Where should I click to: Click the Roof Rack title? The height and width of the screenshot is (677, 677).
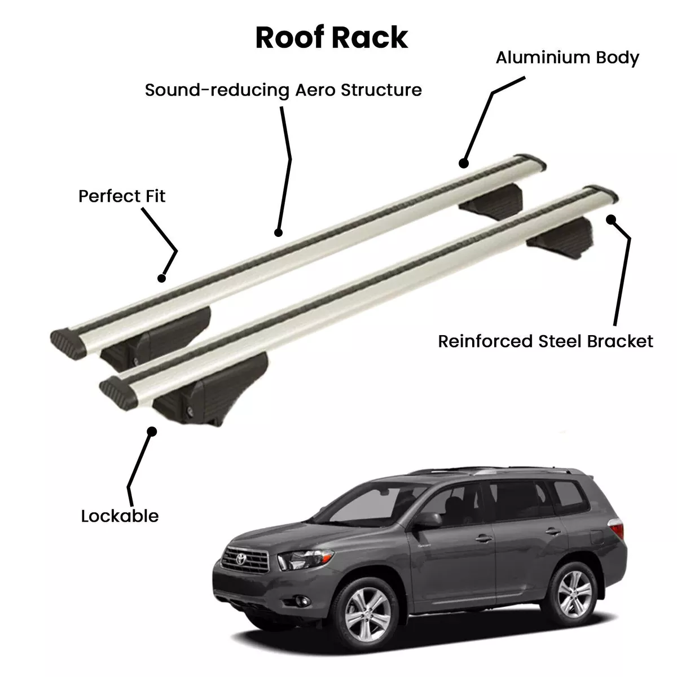(x=331, y=38)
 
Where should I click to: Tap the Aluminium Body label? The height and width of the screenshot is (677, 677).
(x=567, y=58)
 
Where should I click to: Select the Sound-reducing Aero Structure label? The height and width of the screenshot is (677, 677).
(x=283, y=90)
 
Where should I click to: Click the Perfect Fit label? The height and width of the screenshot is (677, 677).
(x=121, y=196)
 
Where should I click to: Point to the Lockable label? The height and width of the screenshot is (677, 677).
(x=120, y=516)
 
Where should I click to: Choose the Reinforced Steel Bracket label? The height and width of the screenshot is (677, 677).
(x=545, y=341)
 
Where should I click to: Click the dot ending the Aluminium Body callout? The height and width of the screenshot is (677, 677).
(x=464, y=164)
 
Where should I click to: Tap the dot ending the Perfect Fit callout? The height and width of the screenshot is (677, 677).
(x=161, y=278)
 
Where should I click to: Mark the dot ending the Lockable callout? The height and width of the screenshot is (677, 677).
(x=152, y=431)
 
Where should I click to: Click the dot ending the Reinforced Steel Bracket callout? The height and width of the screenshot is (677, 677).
(x=611, y=219)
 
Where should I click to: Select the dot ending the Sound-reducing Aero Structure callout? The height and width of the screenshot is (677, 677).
(x=278, y=232)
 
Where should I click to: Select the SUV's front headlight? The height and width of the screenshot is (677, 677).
(x=305, y=558)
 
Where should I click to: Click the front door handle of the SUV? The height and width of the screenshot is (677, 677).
(x=483, y=538)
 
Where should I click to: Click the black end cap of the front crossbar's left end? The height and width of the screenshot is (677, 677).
(x=118, y=392)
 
